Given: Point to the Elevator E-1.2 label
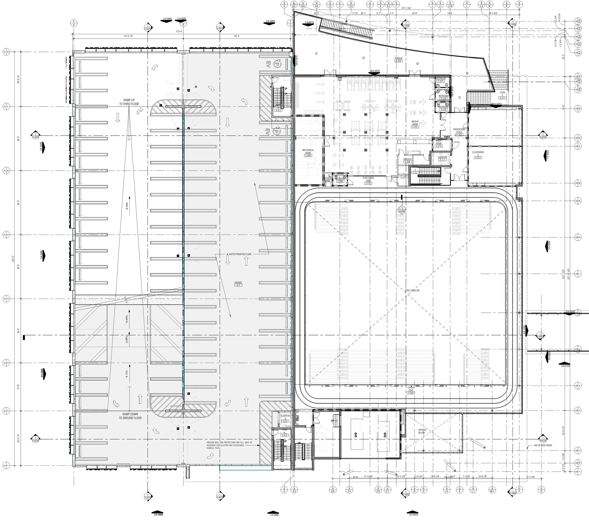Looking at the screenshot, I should pos(442,158).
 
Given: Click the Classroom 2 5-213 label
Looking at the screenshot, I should pos(478,155).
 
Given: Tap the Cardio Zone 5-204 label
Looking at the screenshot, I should pos(411,390).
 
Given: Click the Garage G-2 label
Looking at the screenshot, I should pos(238,284).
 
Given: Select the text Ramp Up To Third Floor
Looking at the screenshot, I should pos(129,102).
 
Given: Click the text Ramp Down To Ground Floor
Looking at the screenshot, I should pos(130,416).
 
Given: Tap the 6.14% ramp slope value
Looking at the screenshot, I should pos(127,206).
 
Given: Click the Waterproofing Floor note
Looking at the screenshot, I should pos(239,254).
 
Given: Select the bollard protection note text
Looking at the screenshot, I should pos(229,445).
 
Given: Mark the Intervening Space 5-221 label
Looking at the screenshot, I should pos(459,132).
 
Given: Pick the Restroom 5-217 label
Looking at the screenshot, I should pos(440,80).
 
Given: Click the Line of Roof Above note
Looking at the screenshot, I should pos(542,445).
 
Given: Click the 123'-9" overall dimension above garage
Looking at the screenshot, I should pos(182,32).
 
